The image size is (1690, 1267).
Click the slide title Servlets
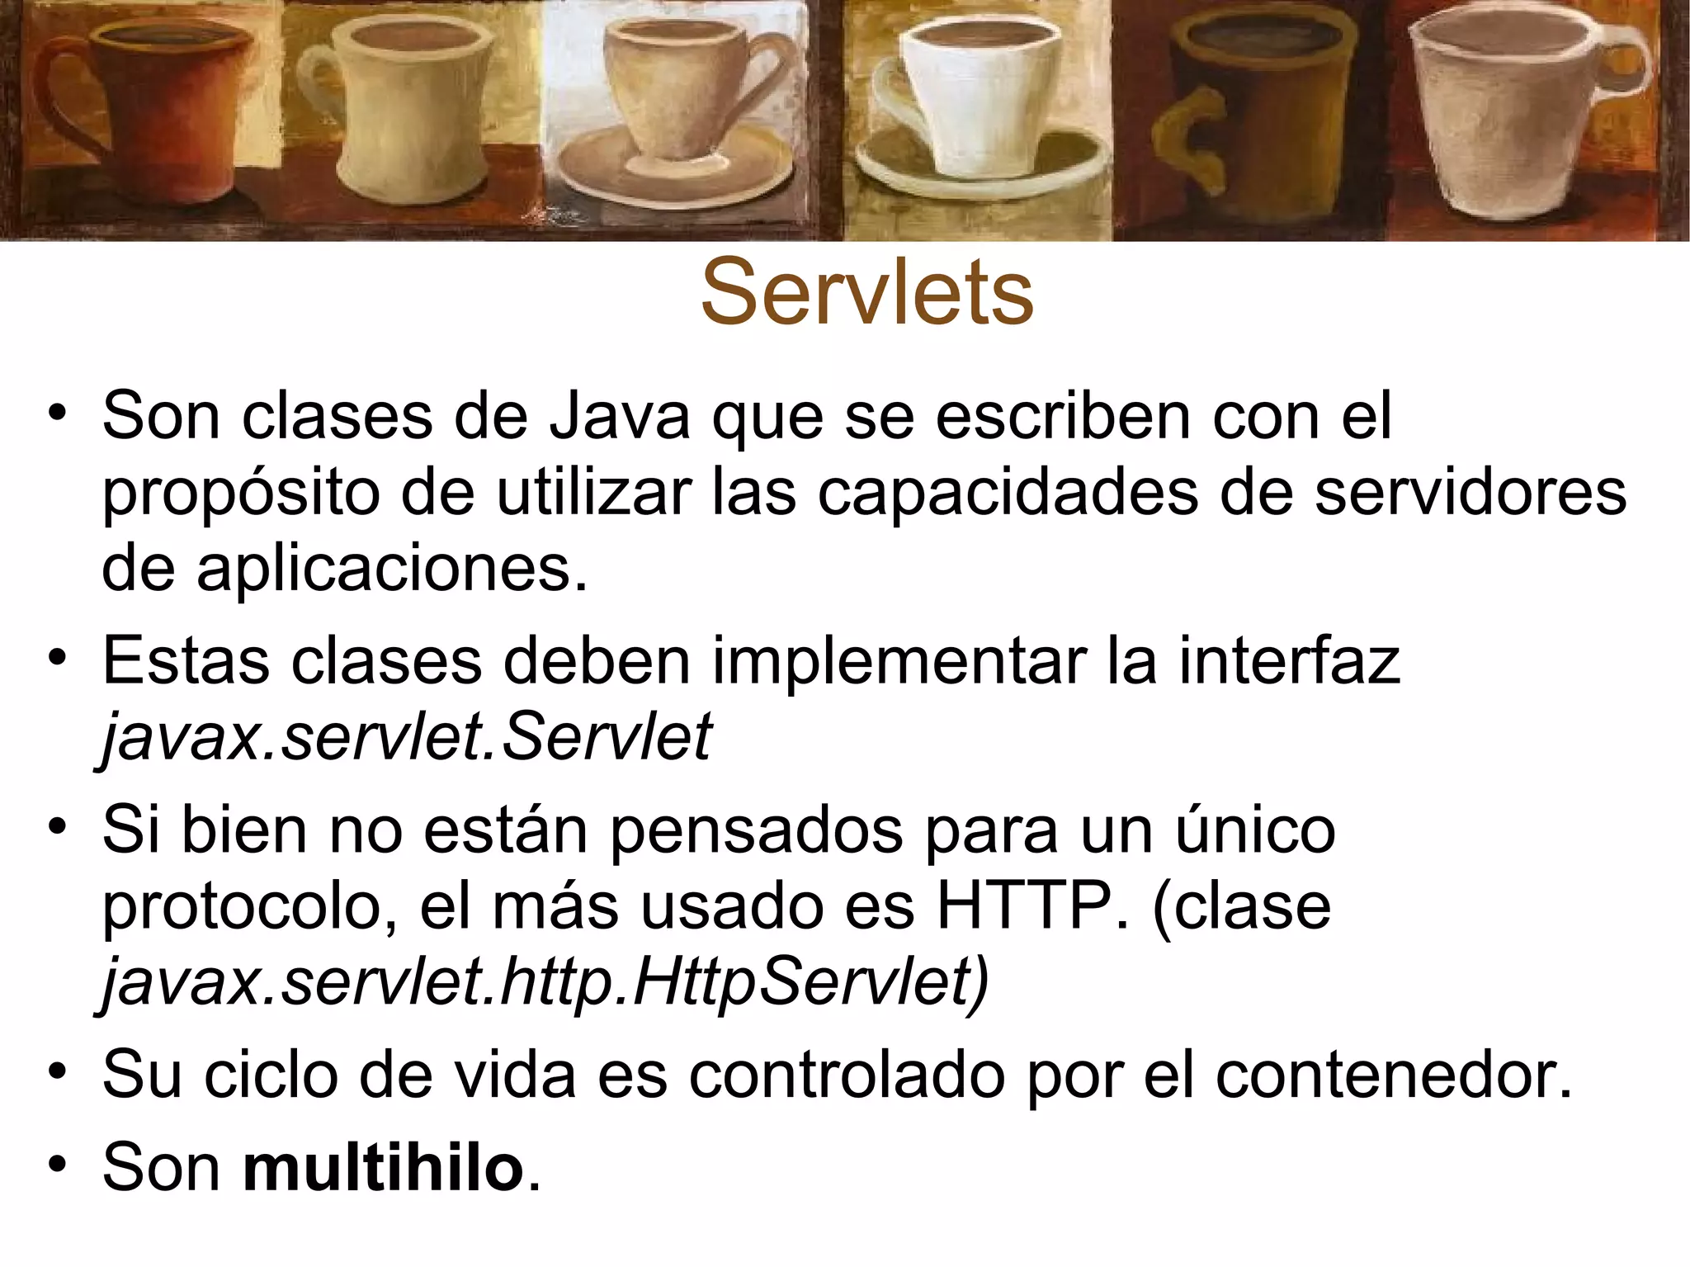coord(866,293)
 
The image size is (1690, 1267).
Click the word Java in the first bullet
coord(619,417)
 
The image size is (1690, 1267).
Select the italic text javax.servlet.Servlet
coord(406,736)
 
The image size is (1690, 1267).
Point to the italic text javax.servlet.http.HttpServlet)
coord(545,982)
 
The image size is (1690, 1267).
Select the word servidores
coord(1470,493)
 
